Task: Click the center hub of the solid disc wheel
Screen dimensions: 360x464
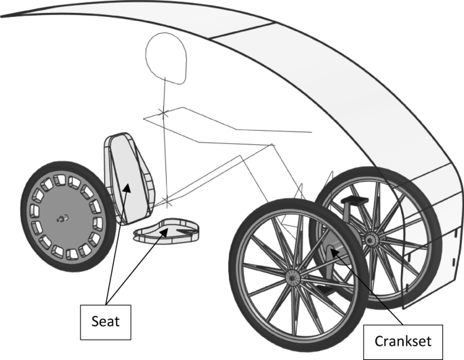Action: coord(61,218)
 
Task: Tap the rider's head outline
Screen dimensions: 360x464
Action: coord(167,58)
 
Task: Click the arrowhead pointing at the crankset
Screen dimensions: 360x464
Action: coord(333,252)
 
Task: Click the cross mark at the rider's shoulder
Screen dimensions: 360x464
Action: coord(161,111)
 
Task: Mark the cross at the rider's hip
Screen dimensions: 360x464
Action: coord(167,201)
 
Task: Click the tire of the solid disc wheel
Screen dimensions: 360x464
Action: coord(28,203)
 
